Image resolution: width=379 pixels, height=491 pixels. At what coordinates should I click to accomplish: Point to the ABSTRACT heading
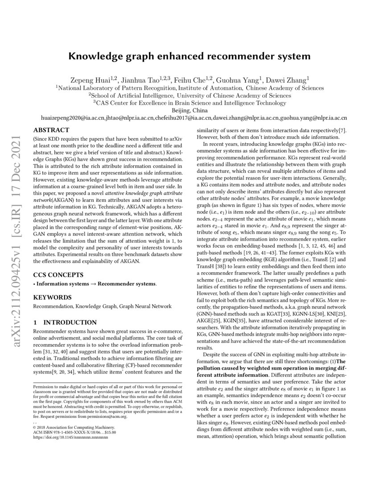(52, 130)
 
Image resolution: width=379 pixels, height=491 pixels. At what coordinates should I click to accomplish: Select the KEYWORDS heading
(53, 297)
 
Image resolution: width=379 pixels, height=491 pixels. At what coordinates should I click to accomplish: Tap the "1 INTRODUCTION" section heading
(65, 322)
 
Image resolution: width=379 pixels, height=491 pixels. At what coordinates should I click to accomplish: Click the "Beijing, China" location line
(189, 110)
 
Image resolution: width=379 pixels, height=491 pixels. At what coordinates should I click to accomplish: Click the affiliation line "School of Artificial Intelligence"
(189, 95)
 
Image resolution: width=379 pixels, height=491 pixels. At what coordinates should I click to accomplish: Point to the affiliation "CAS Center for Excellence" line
(189, 102)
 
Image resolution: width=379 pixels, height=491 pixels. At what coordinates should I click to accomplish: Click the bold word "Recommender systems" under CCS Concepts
(127, 283)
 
